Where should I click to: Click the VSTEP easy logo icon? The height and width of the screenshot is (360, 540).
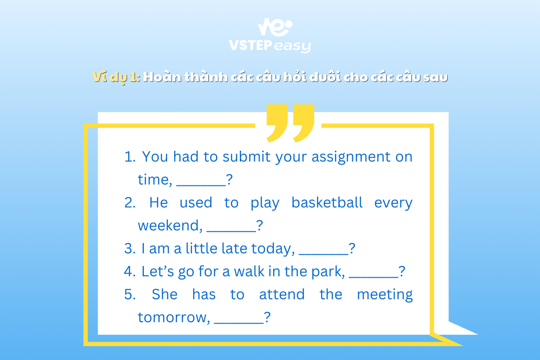pos(275,27)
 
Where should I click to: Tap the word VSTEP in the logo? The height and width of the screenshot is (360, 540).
pos(251,45)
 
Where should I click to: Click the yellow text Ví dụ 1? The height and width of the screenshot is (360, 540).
pos(116,77)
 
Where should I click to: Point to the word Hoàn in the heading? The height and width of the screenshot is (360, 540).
pos(162,77)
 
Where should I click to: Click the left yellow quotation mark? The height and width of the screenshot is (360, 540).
pos(277,123)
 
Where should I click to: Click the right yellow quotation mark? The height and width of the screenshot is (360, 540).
pos(304,123)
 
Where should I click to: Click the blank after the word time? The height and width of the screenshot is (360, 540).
pos(201,185)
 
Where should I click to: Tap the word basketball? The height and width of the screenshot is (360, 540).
pos(327,202)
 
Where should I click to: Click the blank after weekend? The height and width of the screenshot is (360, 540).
pos(231,231)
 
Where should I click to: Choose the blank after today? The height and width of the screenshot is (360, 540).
pos(324,254)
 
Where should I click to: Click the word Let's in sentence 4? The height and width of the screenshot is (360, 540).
pos(157,271)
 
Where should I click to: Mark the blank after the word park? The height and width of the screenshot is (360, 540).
pos(373,277)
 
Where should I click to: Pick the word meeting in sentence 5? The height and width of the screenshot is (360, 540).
pos(385,295)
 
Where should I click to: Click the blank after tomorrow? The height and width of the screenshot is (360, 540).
pos(239,323)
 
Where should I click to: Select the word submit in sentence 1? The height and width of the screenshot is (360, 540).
pos(247,157)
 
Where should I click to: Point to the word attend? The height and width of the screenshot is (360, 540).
pos(282,294)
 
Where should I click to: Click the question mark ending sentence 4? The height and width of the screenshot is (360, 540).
pos(402,271)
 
